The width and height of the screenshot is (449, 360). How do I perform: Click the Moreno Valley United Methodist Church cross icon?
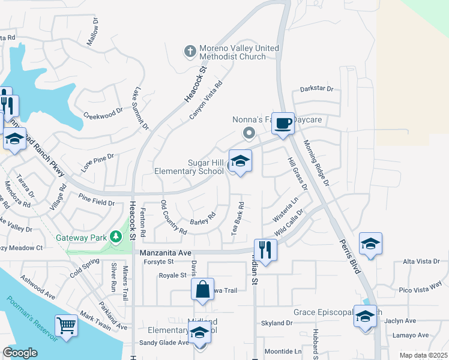tap(190, 52)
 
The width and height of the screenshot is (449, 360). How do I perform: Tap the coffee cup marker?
tap(283, 124)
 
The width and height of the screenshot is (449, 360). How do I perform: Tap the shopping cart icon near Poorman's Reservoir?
tap(67, 326)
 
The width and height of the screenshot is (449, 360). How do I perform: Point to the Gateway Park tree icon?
tap(115, 237)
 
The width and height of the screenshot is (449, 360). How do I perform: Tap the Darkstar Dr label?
tap(316, 89)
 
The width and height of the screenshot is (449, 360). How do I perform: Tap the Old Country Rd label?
tap(174, 218)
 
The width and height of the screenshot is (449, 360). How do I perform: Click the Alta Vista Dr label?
tap(425, 262)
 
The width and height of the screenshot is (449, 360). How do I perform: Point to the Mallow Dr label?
tap(94, 32)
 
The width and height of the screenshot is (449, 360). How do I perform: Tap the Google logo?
tap(20, 353)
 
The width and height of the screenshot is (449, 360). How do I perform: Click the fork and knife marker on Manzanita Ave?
tap(265, 248)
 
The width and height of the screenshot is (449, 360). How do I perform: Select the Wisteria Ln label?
tap(286, 206)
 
